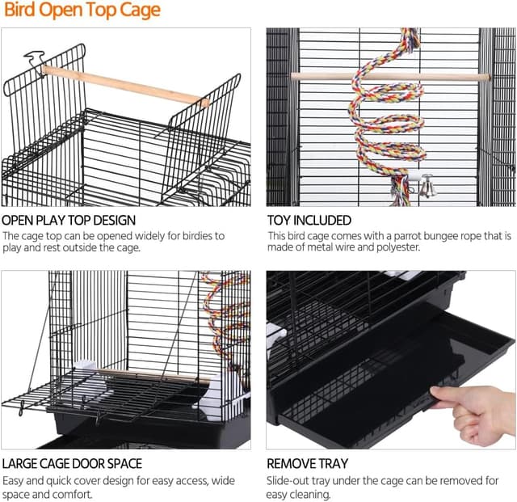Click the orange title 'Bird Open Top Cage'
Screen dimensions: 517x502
(x=82, y=11)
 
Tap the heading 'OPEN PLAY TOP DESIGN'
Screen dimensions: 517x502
(x=69, y=221)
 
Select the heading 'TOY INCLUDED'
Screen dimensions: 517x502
(x=309, y=221)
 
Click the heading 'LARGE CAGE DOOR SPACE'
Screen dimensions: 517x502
(x=72, y=464)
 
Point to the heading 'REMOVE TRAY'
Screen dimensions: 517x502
(x=307, y=464)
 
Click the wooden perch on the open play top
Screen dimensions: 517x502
(x=125, y=86)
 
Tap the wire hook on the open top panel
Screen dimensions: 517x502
(x=35, y=61)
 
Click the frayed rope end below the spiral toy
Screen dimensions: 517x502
(x=400, y=192)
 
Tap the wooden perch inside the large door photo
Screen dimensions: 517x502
(x=153, y=377)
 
